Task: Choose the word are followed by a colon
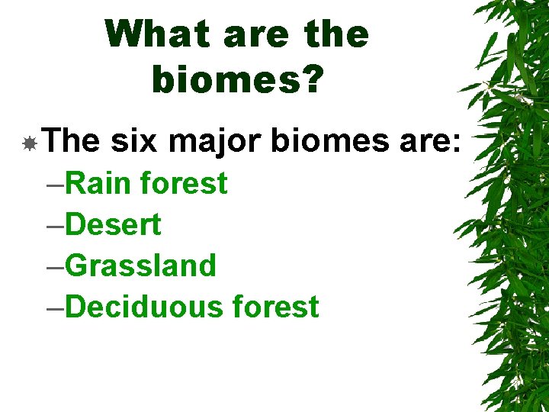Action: point(430,142)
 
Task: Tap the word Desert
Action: point(114,224)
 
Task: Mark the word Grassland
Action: point(141,266)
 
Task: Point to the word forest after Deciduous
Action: point(275,307)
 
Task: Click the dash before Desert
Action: point(55,227)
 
